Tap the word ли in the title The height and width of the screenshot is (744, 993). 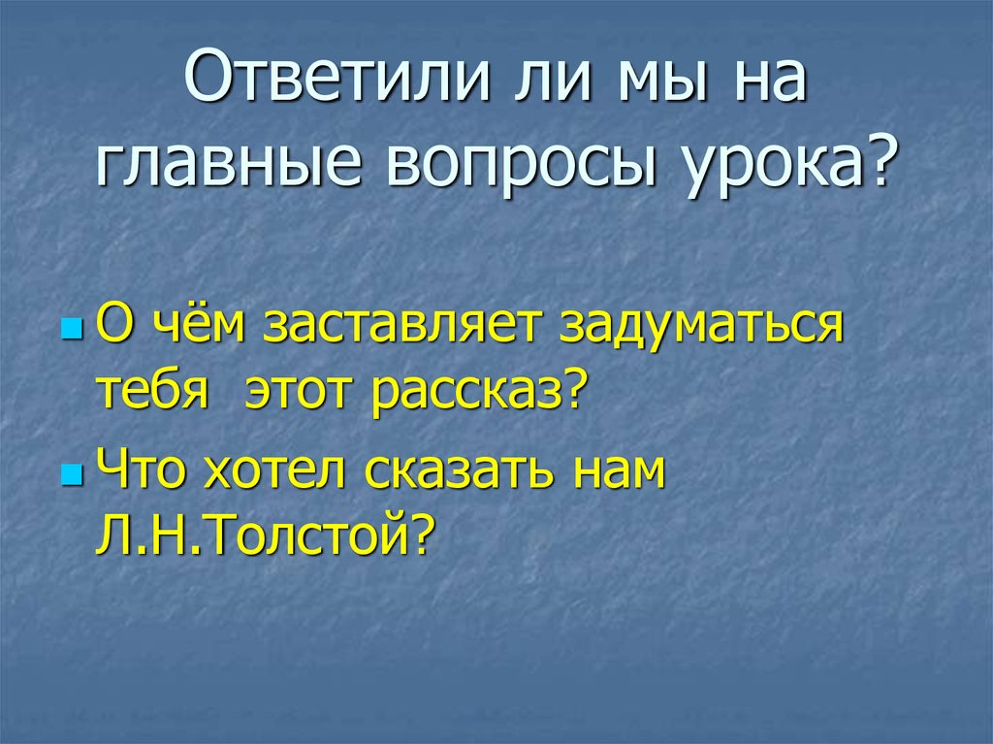pos(535,81)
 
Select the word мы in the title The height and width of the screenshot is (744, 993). pos(658,81)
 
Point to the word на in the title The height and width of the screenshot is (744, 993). pos(766,81)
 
